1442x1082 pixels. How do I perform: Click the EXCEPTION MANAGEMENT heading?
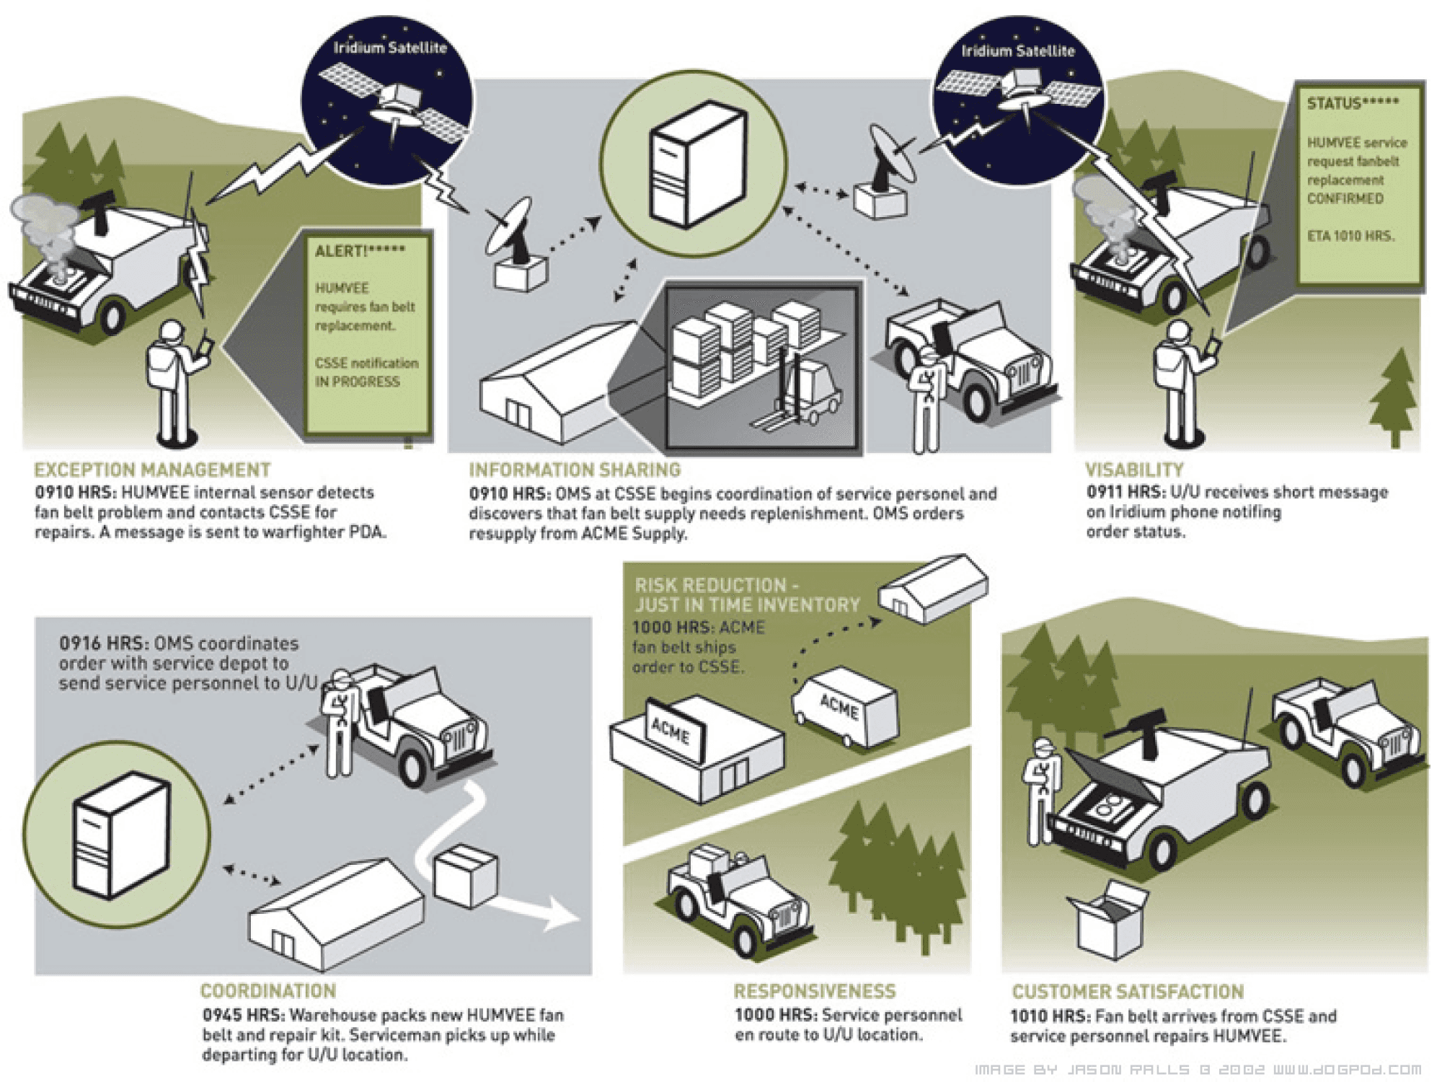[152, 470]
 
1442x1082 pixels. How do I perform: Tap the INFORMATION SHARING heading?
[575, 470]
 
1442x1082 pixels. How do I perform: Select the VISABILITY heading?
[1134, 470]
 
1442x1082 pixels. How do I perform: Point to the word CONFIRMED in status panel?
[1345, 198]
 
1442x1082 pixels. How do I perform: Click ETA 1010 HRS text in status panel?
[1350, 236]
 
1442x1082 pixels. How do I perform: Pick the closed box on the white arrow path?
[466, 876]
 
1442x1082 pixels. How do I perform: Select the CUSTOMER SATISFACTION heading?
[1128, 992]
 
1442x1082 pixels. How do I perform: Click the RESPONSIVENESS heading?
[814, 991]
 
